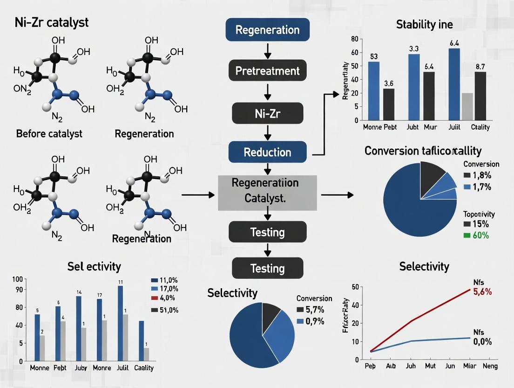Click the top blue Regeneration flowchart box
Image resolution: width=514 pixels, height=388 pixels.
(x=267, y=30)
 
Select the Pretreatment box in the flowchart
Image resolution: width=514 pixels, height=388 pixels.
(x=267, y=71)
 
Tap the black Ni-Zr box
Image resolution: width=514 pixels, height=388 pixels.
(x=267, y=113)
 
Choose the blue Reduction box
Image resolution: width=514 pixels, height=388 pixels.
(x=267, y=152)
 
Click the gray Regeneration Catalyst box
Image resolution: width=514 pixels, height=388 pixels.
(x=267, y=193)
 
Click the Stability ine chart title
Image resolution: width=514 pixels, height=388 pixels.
(x=424, y=24)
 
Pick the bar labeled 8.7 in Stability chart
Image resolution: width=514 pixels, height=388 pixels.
(x=480, y=96)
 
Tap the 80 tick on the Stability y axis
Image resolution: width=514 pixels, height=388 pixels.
(x=355, y=39)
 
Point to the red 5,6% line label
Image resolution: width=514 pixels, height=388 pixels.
(x=482, y=292)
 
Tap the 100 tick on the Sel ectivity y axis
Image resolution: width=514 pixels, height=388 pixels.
(x=18, y=279)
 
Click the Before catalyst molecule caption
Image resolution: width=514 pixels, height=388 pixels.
(x=49, y=134)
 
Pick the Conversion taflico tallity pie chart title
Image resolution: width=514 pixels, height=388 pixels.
(x=423, y=151)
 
